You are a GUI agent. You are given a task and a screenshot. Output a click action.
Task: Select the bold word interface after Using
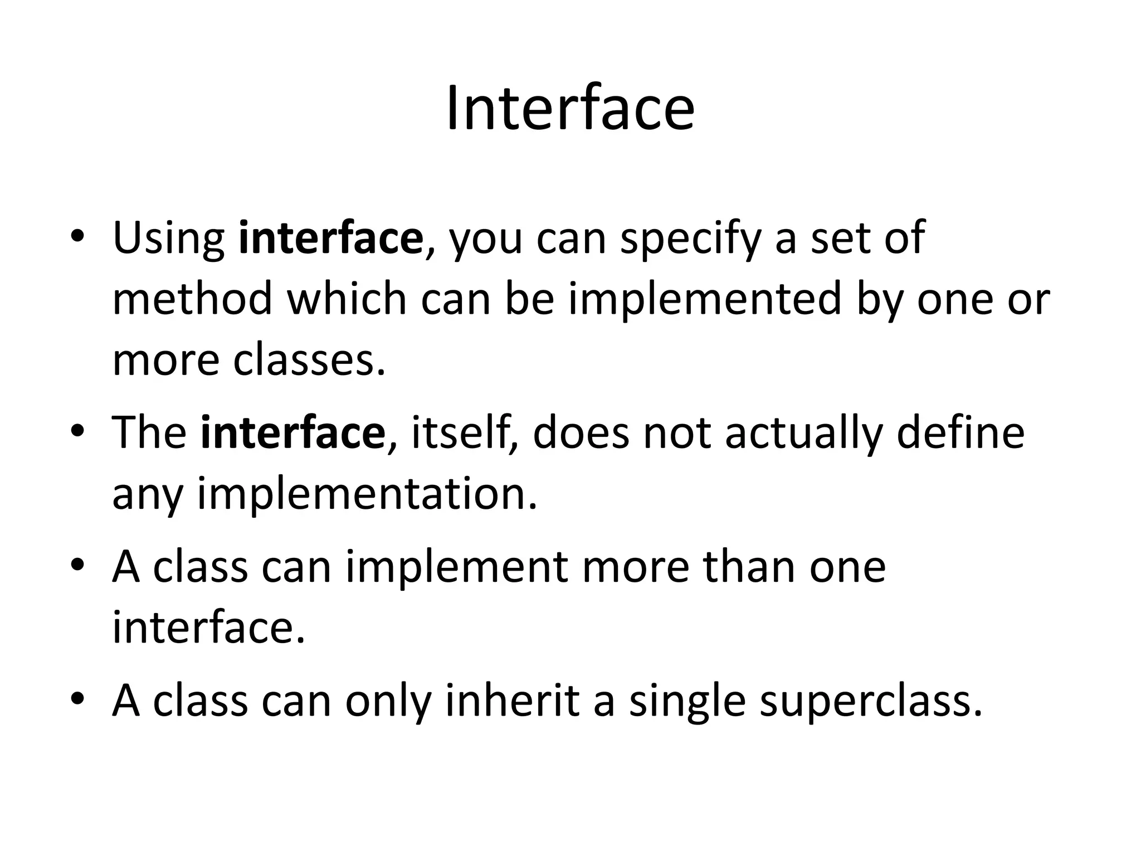(330, 238)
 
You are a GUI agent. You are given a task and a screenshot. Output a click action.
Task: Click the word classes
(309, 360)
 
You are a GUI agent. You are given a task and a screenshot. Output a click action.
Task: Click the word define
(960, 432)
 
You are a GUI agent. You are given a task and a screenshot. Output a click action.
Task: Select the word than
(748, 567)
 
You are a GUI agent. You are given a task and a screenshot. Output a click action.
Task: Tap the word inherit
(512, 701)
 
